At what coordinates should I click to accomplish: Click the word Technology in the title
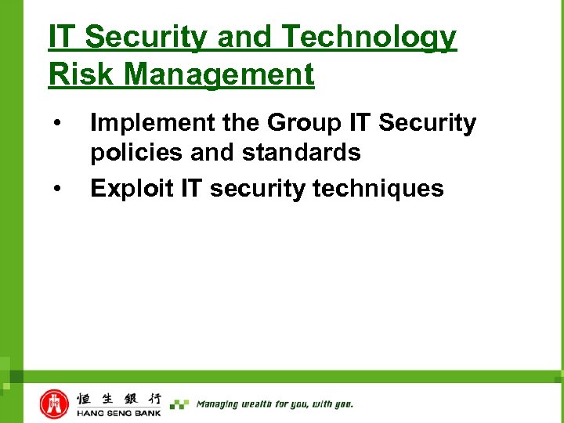pos(368,37)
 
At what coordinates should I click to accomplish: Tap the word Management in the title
pos(219,74)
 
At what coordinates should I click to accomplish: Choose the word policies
pos(137,153)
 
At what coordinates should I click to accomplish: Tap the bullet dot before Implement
pos(56,124)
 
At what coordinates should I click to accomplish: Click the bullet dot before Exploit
pos(56,189)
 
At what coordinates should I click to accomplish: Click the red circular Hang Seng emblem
pos(55,403)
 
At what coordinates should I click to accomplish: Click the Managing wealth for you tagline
pos(274,404)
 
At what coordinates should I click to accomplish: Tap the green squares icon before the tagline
pos(179,404)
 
